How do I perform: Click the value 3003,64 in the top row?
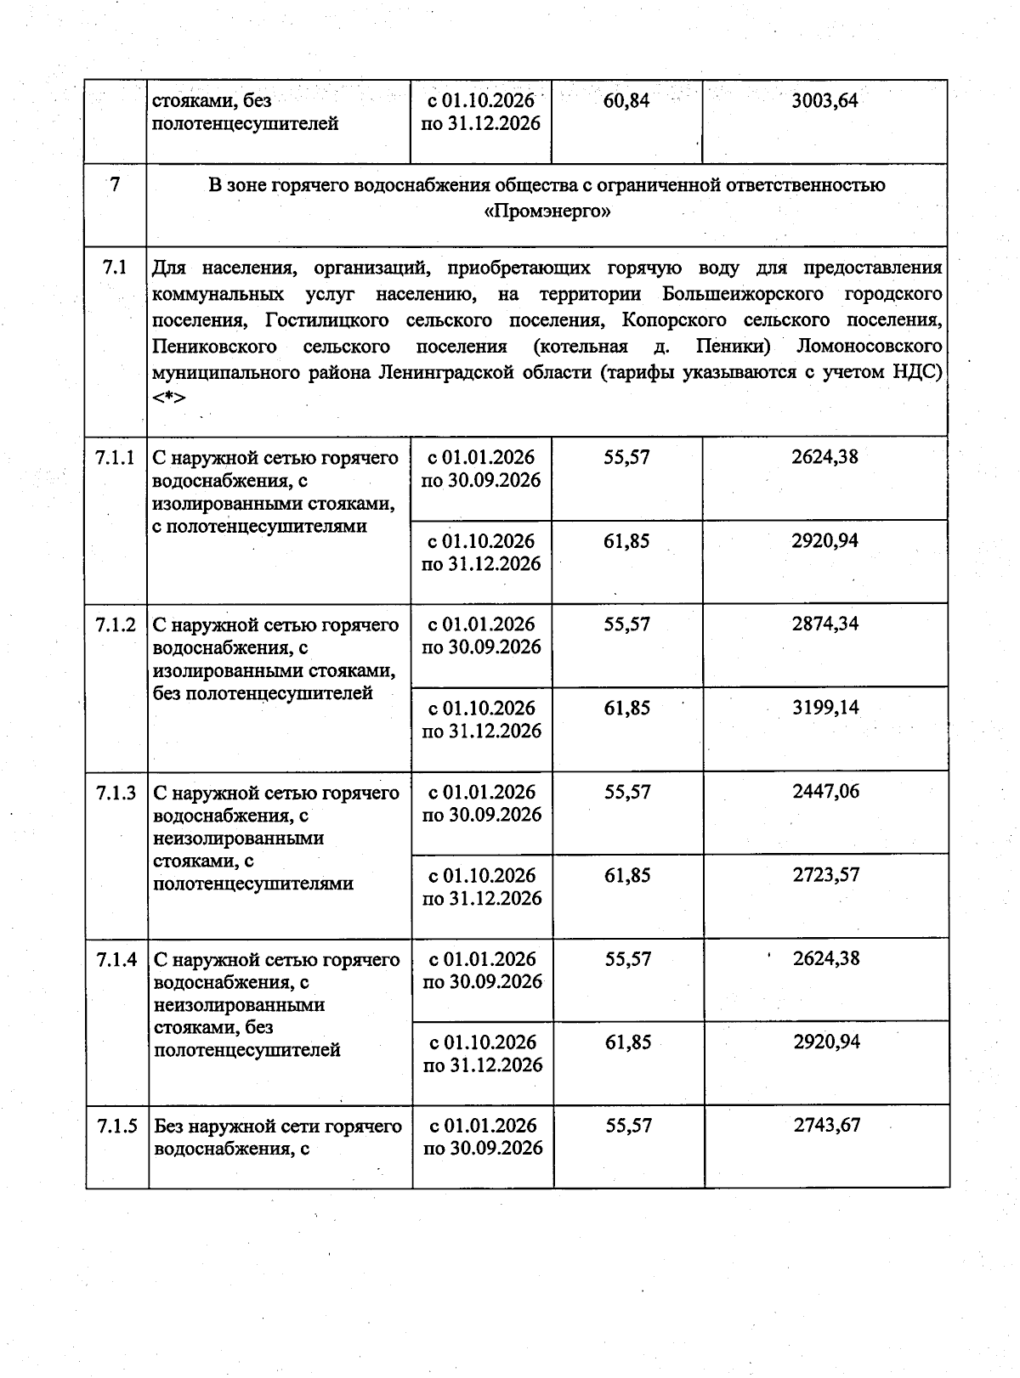coord(824,101)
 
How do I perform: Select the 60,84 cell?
coord(626,101)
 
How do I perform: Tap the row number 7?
coord(115,184)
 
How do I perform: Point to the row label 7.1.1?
coord(116,458)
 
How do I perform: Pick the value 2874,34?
coord(825,624)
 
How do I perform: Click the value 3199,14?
coord(825,707)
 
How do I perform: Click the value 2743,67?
coord(827,1125)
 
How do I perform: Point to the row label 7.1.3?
coord(116,793)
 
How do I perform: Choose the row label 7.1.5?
coord(117,1127)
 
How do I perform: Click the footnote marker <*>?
coord(169,398)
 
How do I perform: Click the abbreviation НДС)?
coord(917,372)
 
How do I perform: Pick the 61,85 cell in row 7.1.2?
coord(627,707)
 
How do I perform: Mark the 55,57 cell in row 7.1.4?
coord(628,958)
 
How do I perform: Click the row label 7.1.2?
coord(116,625)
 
